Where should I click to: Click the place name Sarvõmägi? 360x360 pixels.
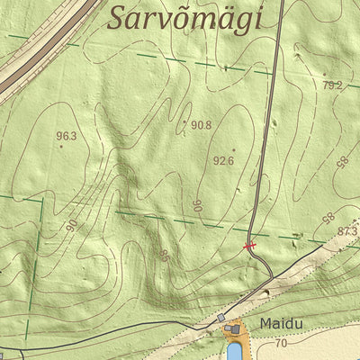pyautogui.click(x=184, y=18)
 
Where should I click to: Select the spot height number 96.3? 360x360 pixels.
pyautogui.click(x=67, y=137)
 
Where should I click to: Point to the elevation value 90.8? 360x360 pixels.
pyautogui.click(x=202, y=125)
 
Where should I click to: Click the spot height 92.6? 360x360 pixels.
pyautogui.click(x=223, y=161)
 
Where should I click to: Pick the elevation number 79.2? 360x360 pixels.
pyautogui.click(x=332, y=85)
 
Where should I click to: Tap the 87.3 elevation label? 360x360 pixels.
pyautogui.click(x=347, y=231)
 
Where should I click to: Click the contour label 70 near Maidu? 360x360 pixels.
pyautogui.click(x=281, y=343)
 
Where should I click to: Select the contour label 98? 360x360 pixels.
pyautogui.click(x=342, y=163)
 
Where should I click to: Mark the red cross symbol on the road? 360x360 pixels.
pyautogui.click(x=250, y=245)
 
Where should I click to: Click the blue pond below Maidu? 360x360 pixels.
pyautogui.click(x=234, y=349)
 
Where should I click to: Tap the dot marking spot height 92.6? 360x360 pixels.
pyautogui.click(x=234, y=150)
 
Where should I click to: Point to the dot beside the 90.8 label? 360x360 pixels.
pyautogui.click(x=185, y=122)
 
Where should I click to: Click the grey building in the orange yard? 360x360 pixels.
pyautogui.click(x=236, y=331)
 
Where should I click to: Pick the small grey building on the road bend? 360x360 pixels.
pyautogui.click(x=221, y=318)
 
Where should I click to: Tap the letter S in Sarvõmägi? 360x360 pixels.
pyautogui.click(x=117, y=18)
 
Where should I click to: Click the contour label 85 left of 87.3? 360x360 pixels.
pyautogui.click(x=328, y=218)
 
